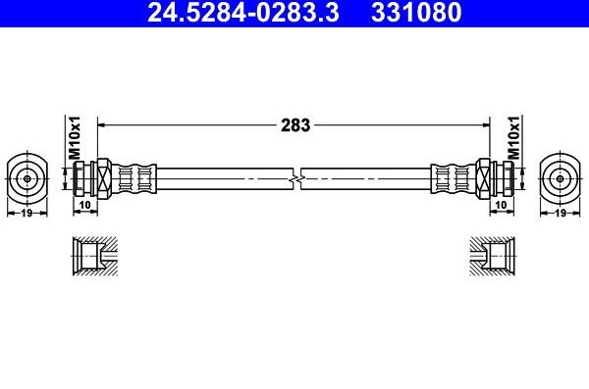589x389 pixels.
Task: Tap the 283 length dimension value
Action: coord(295,125)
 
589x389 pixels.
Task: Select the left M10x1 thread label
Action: coord(74,139)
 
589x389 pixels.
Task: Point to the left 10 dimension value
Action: coord(85,204)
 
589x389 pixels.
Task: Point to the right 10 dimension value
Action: coord(502,204)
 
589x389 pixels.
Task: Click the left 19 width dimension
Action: coord(27,212)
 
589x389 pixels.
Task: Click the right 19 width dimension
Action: coord(561,212)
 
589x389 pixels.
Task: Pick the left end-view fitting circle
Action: coord(27,177)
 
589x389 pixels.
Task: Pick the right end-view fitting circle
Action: coord(561,177)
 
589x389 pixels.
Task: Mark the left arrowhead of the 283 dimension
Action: coord(102,125)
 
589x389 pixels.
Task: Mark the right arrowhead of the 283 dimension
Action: coord(485,125)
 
